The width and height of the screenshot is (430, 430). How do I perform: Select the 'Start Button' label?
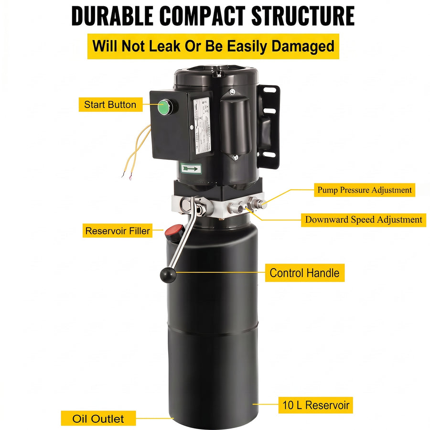[110, 105]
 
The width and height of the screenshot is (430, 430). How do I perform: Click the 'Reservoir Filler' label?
[118, 231]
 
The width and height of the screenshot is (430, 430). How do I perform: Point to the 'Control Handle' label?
[305, 273]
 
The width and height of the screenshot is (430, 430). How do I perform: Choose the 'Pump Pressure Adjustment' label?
[365, 190]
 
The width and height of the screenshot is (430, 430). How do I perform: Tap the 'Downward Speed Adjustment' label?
[364, 220]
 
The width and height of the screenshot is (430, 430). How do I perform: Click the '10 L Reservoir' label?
[316, 405]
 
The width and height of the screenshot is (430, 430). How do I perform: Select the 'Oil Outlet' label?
[98, 419]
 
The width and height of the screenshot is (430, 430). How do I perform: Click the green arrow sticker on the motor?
[191, 168]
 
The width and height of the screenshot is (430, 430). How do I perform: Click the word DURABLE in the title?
[112, 16]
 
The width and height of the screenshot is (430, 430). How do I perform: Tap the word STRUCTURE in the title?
[303, 16]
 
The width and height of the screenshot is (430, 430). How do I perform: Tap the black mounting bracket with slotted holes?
[268, 127]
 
